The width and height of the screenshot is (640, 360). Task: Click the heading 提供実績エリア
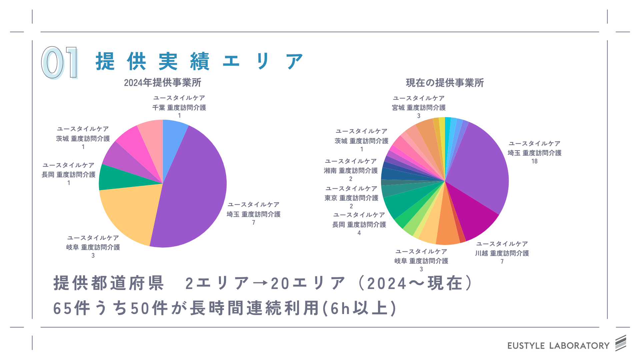(199, 62)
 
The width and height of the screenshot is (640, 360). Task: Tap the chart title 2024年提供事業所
(162, 83)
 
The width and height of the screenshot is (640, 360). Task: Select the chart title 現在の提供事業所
(445, 83)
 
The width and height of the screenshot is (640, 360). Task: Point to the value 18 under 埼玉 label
(534, 161)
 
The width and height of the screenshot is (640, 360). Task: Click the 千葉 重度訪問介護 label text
(179, 108)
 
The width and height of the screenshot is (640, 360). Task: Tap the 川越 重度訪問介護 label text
(502, 253)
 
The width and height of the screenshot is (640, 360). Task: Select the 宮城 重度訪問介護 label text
(419, 108)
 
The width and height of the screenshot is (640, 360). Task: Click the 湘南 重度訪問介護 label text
(351, 171)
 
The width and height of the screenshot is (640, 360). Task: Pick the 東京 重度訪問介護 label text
(351, 198)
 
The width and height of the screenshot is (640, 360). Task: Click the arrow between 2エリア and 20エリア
(260, 284)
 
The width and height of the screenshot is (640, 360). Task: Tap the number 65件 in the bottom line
(72, 308)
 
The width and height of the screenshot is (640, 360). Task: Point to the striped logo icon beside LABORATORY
(621, 343)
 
